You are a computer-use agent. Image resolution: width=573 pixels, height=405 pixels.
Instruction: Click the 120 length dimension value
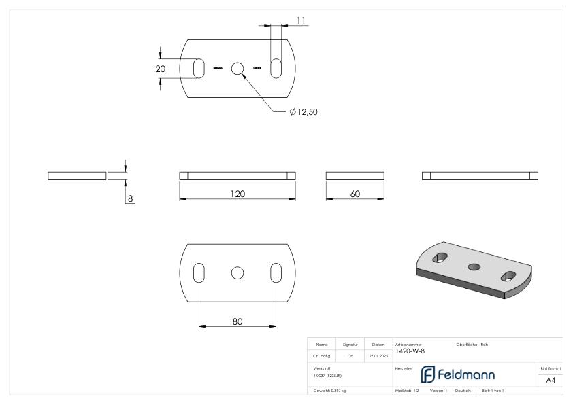pyautogui.click(x=237, y=194)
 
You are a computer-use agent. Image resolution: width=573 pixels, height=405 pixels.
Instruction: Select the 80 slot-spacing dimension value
pyautogui.click(x=238, y=321)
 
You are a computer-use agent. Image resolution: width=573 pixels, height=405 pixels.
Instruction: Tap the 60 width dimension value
pyautogui.click(x=355, y=194)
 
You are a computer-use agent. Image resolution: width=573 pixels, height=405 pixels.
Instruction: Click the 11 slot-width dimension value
pyautogui.click(x=301, y=21)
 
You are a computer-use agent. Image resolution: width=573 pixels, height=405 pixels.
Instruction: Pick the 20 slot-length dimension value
pyautogui.click(x=161, y=69)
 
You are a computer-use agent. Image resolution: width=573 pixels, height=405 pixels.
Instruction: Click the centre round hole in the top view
pyautogui.click(x=238, y=68)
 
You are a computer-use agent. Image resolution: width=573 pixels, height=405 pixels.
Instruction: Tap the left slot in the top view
pyautogui.click(x=199, y=68)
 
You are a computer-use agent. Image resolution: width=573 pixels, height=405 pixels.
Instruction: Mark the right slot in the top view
pyautogui.click(x=277, y=68)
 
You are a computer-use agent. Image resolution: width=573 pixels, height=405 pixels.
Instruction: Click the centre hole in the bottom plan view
pyautogui.click(x=238, y=272)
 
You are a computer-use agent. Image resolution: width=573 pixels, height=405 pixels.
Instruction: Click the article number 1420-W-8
pyautogui.click(x=412, y=350)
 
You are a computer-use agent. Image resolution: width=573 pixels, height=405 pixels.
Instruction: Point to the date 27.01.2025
pyautogui.click(x=378, y=354)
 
